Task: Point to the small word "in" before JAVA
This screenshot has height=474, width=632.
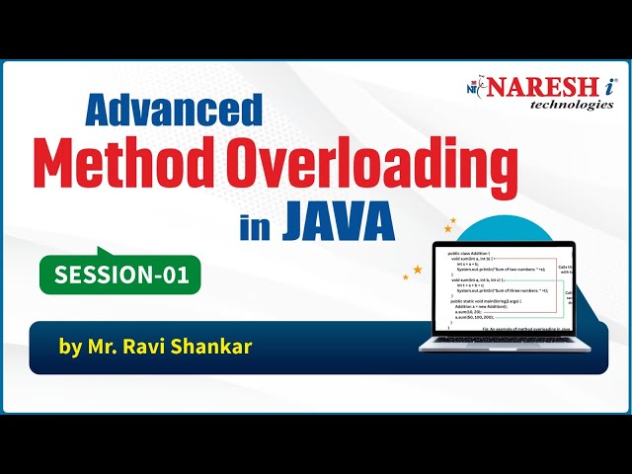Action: point(253,225)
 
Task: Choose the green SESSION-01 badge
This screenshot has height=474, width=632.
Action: point(119,275)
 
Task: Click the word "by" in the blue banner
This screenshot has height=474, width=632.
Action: point(71,349)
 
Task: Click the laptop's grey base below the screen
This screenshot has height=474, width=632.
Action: point(504,345)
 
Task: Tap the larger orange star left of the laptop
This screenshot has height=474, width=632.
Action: point(418,269)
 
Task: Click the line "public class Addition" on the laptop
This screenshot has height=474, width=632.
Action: point(470,254)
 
